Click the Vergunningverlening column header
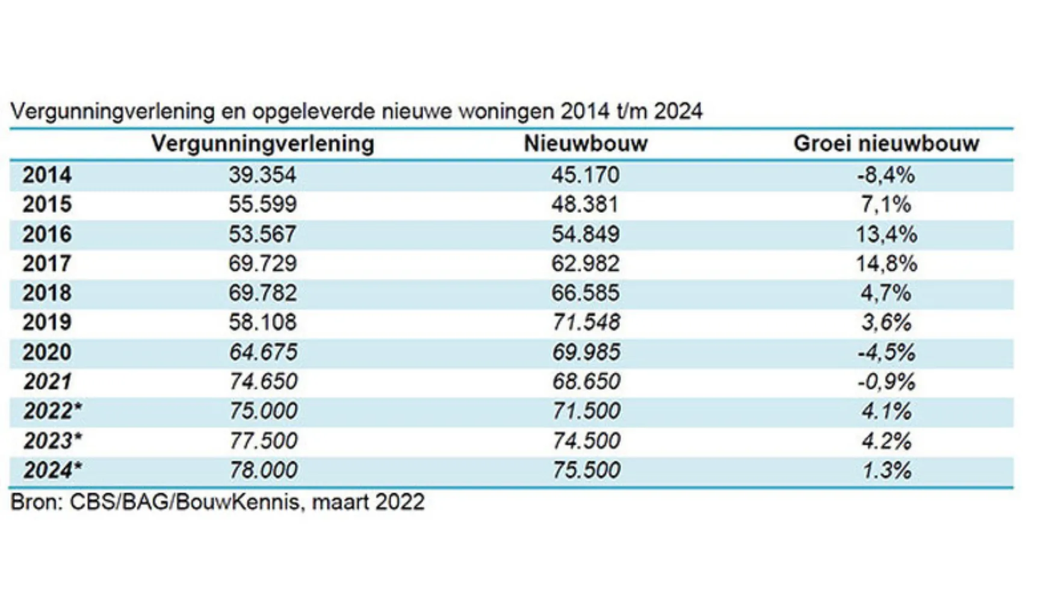click(262, 144)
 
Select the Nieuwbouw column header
click(585, 144)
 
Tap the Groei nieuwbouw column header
click(886, 144)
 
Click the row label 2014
click(47, 175)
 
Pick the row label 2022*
click(52, 411)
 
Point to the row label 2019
click(47, 322)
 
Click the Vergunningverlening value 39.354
click(262, 175)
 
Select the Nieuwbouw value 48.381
click(585, 204)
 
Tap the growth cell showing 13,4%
click(886, 234)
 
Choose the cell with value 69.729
click(262, 263)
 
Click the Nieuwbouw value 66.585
click(585, 293)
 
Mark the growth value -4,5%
click(886, 352)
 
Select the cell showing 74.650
click(262, 381)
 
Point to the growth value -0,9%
click(886, 381)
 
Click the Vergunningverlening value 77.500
click(262, 441)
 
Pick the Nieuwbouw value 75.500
click(585, 470)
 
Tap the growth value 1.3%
click(886, 470)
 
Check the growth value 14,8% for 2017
click(886, 263)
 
